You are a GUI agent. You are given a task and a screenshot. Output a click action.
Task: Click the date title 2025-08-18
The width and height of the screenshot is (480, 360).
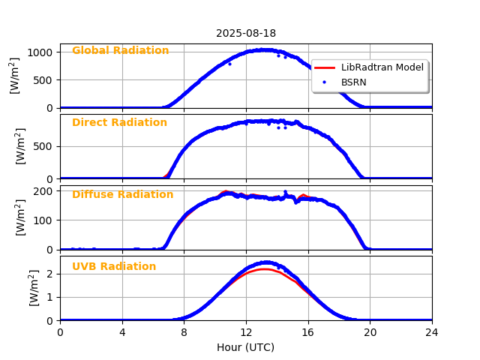246,34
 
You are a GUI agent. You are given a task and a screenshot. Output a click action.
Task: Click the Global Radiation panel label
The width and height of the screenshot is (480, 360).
120,51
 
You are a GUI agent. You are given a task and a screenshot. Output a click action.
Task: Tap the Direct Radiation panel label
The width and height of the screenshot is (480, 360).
119,123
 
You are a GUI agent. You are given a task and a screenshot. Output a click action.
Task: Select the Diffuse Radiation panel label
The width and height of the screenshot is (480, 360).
122,195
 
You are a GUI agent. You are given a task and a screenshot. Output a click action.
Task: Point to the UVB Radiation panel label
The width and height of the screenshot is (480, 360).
114,267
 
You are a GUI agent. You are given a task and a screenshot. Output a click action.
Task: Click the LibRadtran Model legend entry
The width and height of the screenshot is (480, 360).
382,67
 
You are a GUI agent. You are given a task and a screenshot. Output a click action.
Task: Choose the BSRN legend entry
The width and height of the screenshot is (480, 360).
353,82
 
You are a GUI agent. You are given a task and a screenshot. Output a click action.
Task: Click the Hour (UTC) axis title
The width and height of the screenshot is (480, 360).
246,348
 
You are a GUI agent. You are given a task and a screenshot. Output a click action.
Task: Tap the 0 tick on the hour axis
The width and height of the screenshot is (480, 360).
60,331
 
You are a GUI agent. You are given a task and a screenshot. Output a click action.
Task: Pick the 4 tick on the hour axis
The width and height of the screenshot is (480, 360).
122,331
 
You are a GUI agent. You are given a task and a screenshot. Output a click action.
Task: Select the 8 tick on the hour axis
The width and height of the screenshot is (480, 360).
184,331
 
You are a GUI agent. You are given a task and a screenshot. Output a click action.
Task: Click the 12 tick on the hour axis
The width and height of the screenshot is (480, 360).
246,331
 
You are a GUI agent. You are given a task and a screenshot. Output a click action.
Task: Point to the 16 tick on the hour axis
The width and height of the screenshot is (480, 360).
308,331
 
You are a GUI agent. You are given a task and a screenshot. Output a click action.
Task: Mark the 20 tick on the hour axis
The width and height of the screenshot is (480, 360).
370,331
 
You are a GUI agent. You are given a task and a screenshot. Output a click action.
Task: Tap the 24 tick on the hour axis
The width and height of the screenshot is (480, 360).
432,331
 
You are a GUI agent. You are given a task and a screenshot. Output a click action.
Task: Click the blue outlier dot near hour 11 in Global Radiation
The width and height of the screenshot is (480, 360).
229,64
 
